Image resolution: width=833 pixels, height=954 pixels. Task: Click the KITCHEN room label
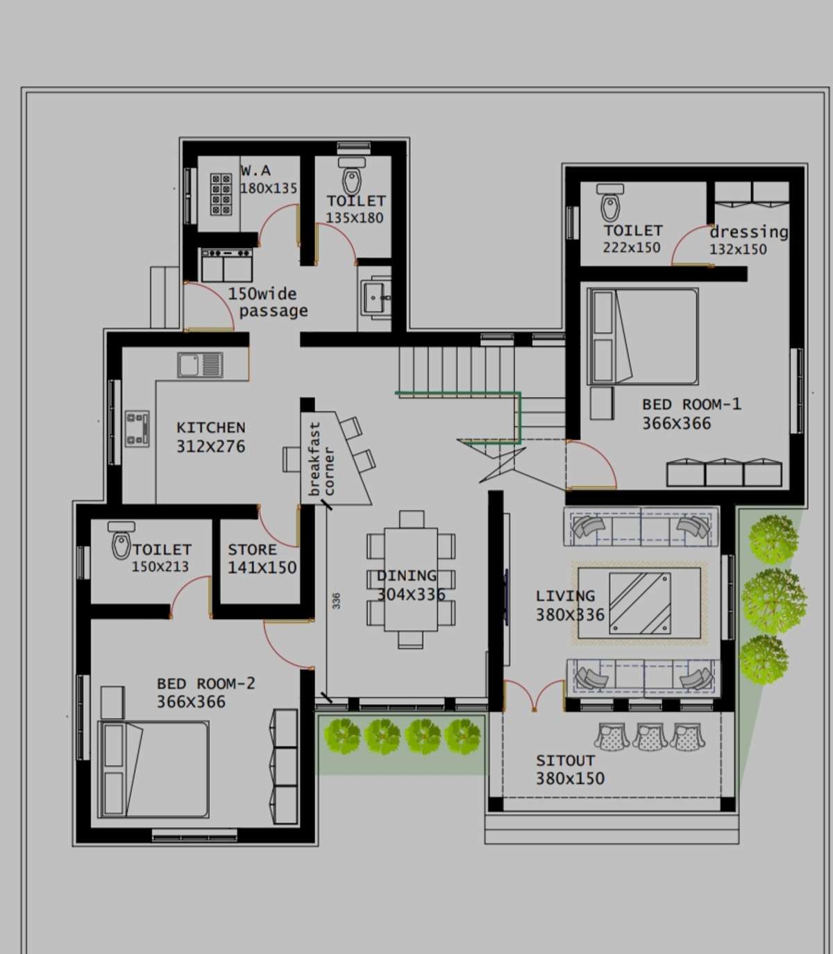point(211,427)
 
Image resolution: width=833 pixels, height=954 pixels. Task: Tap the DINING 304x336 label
point(410,585)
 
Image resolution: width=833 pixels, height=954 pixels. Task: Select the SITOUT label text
point(565,760)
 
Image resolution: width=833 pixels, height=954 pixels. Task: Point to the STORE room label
point(252,550)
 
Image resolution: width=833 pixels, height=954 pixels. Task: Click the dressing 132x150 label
point(748,240)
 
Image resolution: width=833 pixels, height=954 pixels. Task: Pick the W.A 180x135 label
point(269,179)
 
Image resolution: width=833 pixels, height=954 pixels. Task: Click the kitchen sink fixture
point(200,365)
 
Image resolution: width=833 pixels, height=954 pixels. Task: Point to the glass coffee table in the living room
point(640,604)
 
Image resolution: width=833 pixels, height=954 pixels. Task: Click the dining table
point(411,579)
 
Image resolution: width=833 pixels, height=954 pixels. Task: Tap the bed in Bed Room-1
point(643,337)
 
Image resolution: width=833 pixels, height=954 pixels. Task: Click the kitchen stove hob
point(137,429)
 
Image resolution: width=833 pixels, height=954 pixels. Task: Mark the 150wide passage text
point(268,302)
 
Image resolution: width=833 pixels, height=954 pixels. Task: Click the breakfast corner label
point(322,459)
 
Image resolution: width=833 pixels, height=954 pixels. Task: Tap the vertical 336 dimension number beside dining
point(336,601)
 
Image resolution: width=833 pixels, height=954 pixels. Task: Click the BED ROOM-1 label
point(691,404)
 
